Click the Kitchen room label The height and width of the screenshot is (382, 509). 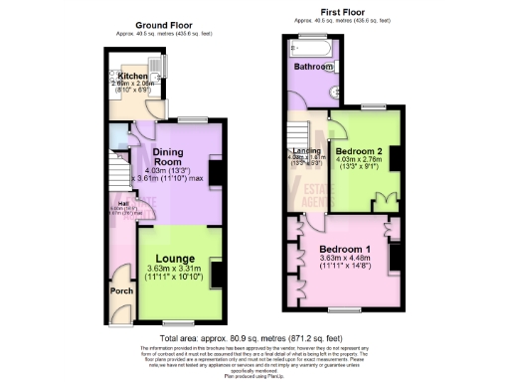tap(132, 75)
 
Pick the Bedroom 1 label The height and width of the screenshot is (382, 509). tap(344, 249)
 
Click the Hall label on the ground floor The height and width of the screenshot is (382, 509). tap(112, 202)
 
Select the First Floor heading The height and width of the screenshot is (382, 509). tap(339, 13)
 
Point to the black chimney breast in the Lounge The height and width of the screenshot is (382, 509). tap(215, 270)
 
